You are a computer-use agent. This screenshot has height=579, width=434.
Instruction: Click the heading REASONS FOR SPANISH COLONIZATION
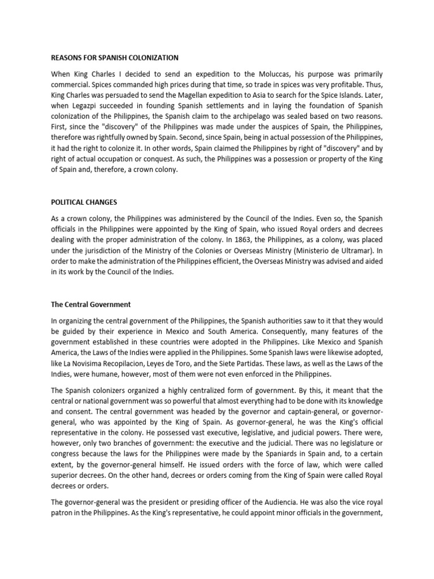[115, 58]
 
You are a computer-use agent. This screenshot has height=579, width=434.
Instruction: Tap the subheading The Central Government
[91, 304]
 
